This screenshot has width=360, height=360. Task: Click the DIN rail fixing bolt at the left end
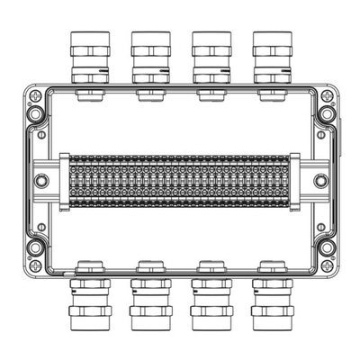tap(41, 180)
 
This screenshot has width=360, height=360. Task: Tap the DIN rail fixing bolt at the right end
tap(319, 180)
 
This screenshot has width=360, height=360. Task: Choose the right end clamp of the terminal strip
tap(295, 180)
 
